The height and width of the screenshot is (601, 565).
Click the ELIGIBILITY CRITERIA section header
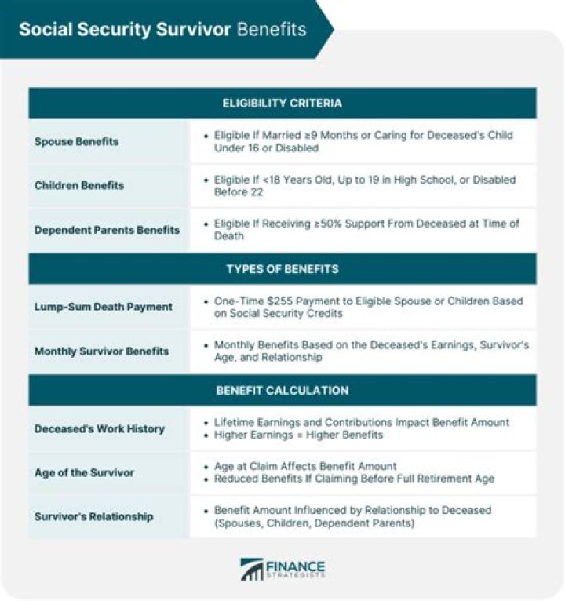(x=282, y=103)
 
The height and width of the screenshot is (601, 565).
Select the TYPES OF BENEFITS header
(x=282, y=269)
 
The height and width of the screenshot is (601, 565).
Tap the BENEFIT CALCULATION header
(x=282, y=390)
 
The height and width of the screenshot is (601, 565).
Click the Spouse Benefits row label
(x=76, y=142)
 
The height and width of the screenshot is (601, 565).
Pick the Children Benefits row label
(x=79, y=186)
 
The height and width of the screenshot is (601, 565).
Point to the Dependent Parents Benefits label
(x=107, y=230)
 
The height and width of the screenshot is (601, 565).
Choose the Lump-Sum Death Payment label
(x=103, y=307)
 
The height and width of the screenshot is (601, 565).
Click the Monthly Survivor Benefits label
(x=101, y=351)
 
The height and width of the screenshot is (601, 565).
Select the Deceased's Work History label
(x=99, y=428)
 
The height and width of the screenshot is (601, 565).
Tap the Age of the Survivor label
(x=84, y=472)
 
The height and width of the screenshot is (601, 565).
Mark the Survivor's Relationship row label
(x=93, y=516)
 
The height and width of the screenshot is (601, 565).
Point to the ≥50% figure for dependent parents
(x=330, y=224)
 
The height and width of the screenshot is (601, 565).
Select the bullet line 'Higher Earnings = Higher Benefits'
(x=298, y=435)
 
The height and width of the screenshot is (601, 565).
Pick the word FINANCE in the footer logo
(x=297, y=565)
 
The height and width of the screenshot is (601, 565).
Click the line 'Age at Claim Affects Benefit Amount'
(x=304, y=466)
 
